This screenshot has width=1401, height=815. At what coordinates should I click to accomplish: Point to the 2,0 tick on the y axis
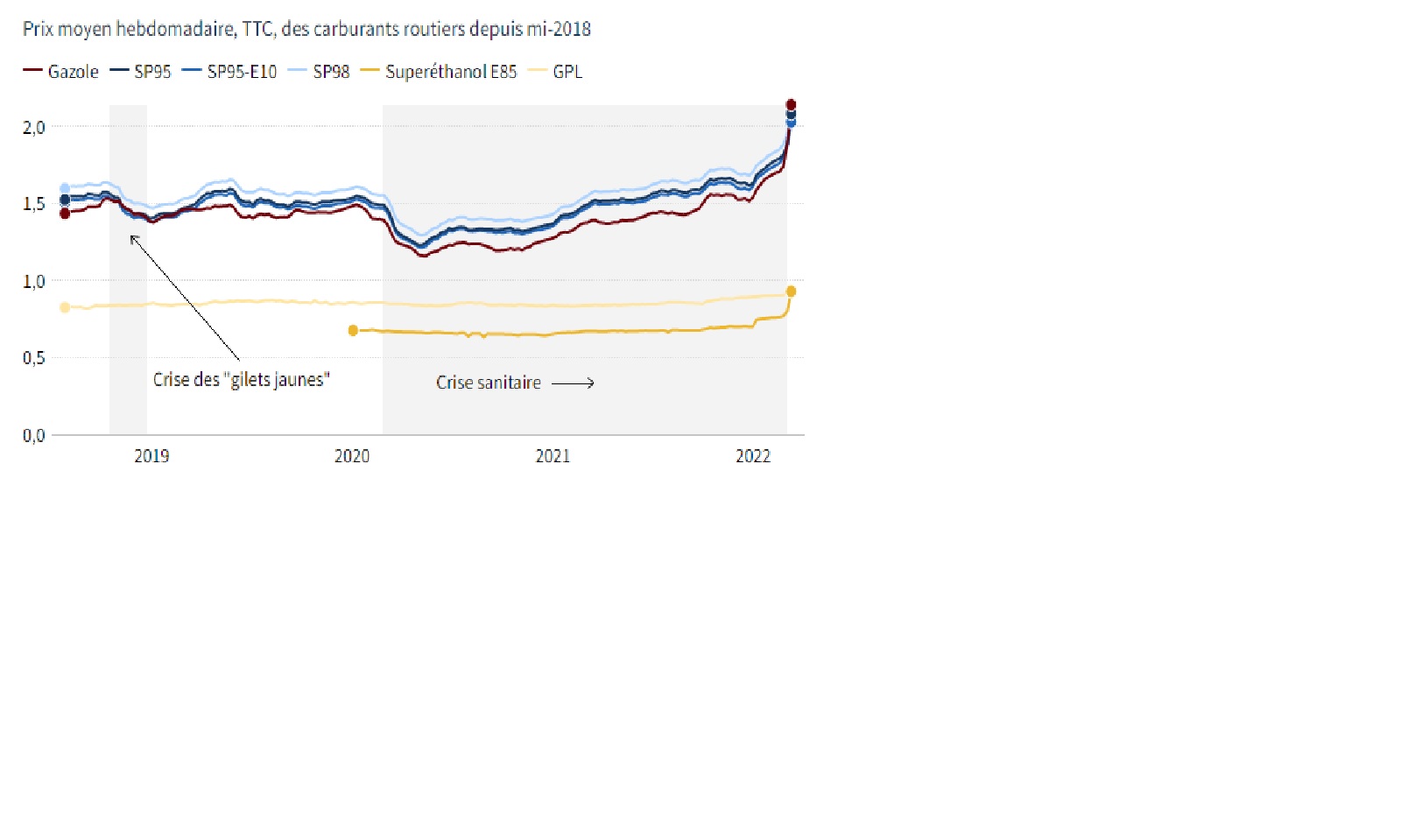34,128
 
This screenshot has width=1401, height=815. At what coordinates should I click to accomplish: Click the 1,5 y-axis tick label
34,204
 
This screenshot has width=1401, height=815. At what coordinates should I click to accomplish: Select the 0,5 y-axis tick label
34,358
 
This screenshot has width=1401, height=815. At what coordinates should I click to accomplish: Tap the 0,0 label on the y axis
34,436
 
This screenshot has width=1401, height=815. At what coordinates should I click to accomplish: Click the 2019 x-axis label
151,456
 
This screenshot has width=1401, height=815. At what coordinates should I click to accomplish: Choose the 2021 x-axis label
553,456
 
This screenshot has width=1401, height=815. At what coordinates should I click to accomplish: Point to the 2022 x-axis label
753,456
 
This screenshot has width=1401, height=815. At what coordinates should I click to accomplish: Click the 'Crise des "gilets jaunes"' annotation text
242,380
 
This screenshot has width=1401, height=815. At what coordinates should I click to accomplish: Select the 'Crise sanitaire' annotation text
489,383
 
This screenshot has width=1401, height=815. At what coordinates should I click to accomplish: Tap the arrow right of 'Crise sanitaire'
573,383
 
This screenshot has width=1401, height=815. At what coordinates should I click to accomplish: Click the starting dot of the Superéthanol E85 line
353,330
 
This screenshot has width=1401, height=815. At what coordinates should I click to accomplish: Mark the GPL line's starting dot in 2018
65,307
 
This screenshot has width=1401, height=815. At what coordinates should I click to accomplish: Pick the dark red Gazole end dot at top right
791,104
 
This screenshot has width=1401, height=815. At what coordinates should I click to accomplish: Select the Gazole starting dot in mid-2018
65,214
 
